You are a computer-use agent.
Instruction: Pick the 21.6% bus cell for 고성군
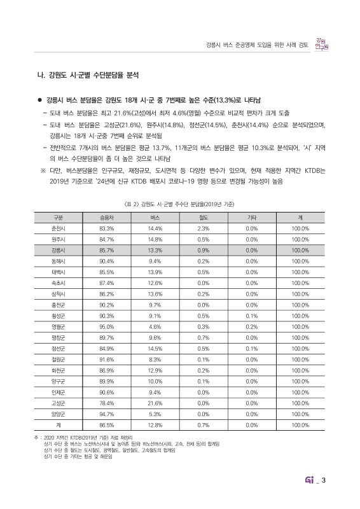pyautogui.click(x=155, y=402)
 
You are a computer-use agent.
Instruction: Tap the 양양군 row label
pyautogui.click(x=57, y=414)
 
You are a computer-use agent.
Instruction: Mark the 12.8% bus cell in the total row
pyautogui.click(x=155, y=425)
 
